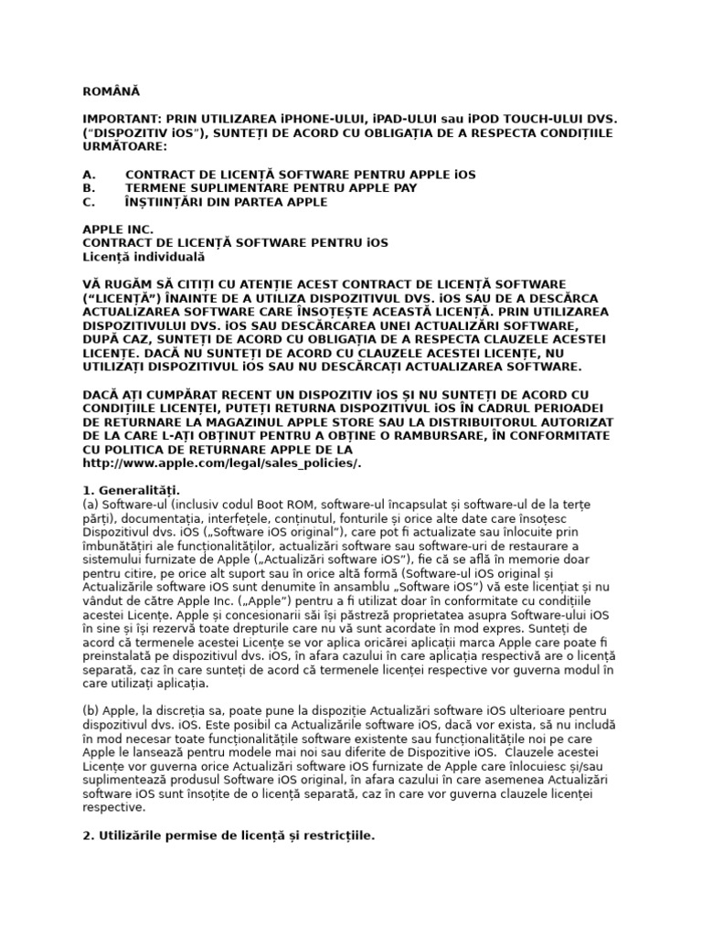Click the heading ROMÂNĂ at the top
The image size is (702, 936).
point(112,91)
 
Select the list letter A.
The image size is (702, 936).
point(90,174)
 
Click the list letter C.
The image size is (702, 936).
point(90,201)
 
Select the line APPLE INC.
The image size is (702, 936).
point(119,229)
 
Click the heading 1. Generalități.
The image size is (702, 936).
point(132,490)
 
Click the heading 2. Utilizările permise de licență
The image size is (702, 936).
point(229,835)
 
